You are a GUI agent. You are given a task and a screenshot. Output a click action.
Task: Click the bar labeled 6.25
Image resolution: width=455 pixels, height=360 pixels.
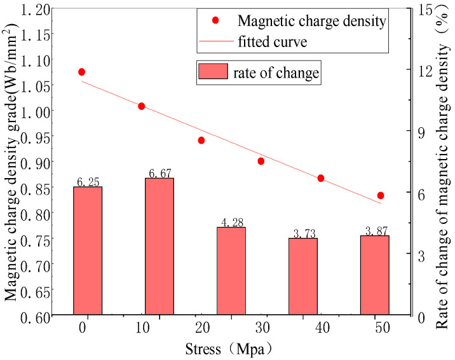point(88,251)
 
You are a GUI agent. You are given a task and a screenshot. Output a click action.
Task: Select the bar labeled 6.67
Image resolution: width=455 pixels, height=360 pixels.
point(160,246)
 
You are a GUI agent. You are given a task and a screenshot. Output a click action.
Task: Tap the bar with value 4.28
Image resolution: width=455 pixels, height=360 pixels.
point(231,270)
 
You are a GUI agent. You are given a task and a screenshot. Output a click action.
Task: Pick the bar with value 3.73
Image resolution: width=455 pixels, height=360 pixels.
point(302,276)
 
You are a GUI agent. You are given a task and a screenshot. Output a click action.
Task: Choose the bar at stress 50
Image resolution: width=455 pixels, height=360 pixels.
point(374,275)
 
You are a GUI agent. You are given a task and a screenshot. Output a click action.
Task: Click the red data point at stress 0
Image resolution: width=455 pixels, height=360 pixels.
point(81,73)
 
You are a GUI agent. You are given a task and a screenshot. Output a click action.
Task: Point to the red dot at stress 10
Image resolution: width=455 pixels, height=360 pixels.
point(142,106)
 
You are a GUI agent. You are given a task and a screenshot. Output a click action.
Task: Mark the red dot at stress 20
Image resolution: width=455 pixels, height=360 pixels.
point(201,140)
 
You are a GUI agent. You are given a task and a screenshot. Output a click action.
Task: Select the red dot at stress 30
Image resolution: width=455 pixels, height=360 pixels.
point(261,161)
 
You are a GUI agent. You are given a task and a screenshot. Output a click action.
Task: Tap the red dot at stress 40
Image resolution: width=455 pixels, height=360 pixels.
point(321,178)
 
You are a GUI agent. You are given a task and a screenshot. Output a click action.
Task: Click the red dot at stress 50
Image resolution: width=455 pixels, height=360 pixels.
point(381,195)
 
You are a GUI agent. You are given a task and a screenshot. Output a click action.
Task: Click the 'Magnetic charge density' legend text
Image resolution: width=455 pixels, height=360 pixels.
point(311,21)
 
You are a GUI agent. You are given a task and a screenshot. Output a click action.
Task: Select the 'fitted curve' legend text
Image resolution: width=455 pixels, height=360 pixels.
point(273,43)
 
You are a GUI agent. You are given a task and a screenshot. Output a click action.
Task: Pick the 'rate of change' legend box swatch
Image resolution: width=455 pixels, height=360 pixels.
point(214,72)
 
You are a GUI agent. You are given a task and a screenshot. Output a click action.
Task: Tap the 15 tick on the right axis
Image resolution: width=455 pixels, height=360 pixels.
point(419,8)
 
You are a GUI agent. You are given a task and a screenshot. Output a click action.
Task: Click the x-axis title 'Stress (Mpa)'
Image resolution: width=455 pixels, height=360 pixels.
point(230,349)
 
